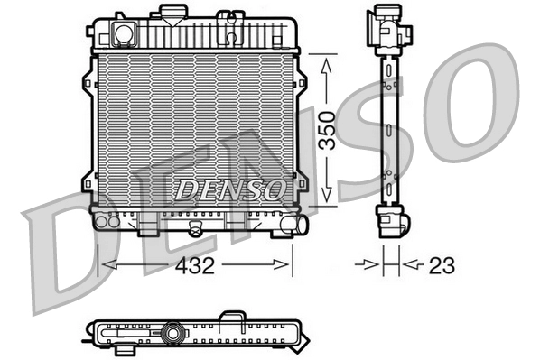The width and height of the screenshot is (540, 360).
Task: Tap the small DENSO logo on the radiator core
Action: (229, 189)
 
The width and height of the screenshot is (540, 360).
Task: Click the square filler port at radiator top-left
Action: (122, 33)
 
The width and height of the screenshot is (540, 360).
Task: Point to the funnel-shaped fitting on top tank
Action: (171, 14)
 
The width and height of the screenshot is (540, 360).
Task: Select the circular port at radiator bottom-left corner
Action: (101, 220)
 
